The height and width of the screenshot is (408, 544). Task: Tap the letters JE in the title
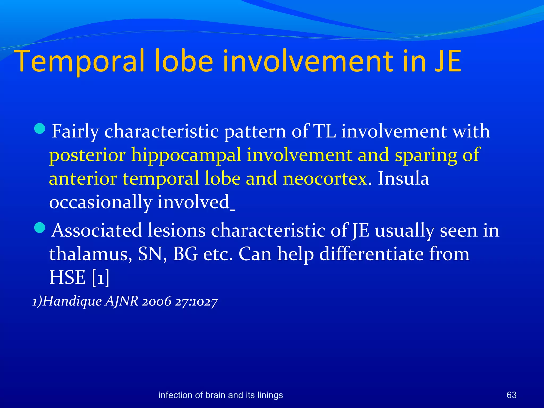(x=448, y=61)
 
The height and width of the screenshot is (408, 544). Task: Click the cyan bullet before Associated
(x=40, y=228)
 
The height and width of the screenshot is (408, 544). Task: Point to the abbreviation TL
(x=324, y=131)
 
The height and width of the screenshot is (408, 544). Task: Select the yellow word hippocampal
(x=186, y=155)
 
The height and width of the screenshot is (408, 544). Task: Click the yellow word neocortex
(x=326, y=178)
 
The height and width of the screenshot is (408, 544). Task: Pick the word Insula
(x=403, y=178)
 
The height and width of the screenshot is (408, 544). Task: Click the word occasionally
(x=100, y=202)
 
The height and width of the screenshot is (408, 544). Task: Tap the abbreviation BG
(x=185, y=254)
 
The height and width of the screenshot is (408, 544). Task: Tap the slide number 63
(x=511, y=395)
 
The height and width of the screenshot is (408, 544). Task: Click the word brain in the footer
(x=215, y=395)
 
